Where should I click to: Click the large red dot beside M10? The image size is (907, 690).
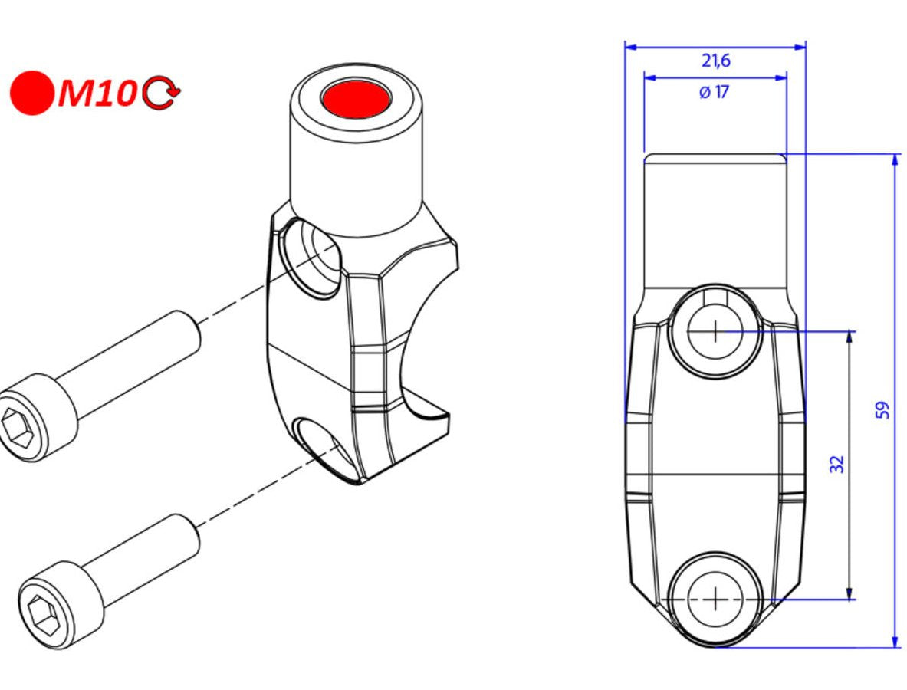coord(31,93)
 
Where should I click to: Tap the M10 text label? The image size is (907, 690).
coord(96,94)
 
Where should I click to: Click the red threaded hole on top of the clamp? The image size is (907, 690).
coord(356,98)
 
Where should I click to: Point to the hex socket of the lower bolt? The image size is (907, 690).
coord(39,614)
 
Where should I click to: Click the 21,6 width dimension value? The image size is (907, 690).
coord(715,61)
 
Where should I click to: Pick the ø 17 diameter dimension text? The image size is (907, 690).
coord(714,93)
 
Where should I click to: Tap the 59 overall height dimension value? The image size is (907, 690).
coord(882,409)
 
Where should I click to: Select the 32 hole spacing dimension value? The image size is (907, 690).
coord(836,463)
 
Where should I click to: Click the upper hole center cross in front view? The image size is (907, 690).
coord(715,331)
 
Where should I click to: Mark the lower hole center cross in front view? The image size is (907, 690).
coord(715,599)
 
